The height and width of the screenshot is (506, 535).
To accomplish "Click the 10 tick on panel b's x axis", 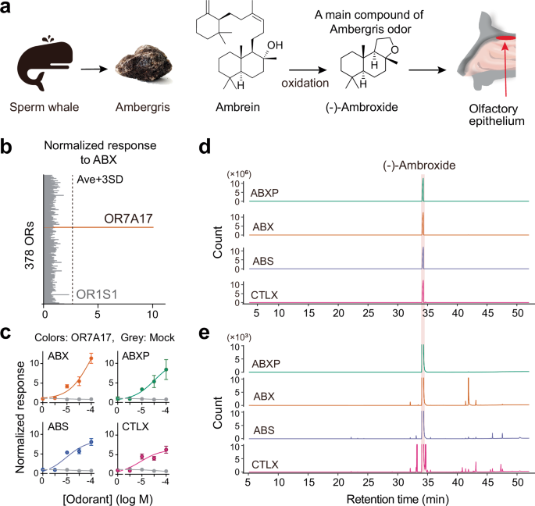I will pyautogui.click(x=153, y=315).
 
